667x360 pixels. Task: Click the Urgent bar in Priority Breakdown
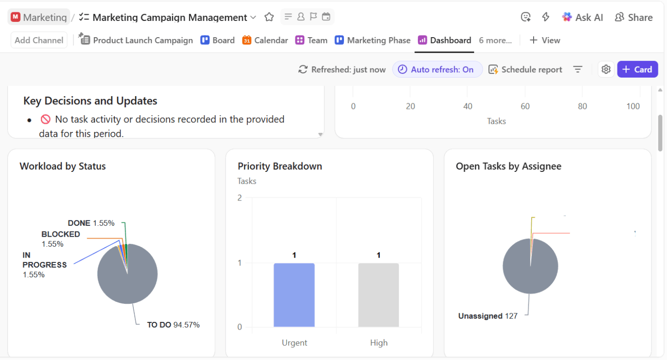click(294, 295)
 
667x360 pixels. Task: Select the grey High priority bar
click(378, 295)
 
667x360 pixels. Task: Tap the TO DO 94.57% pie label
click(173, 325)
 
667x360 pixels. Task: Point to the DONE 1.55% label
click(91, 223)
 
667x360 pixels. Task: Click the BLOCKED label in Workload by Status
click(61, 234)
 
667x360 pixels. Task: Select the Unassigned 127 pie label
click(487, 316)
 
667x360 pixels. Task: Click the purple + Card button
click(637, 70)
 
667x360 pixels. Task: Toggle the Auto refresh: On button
click(437, 70)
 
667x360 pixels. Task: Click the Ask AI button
click(582, 18)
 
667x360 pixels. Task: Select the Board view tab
click(218, 40)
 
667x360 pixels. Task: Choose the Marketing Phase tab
click(373, 40)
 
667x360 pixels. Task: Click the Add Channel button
click(39, 40)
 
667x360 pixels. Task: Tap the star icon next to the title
click(269, 18)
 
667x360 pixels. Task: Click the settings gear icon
click(606, 70)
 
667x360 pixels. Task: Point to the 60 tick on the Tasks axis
click(525, 106)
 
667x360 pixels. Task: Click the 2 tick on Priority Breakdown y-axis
click(240, 198)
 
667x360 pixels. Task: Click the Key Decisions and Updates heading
click(90, 101)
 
